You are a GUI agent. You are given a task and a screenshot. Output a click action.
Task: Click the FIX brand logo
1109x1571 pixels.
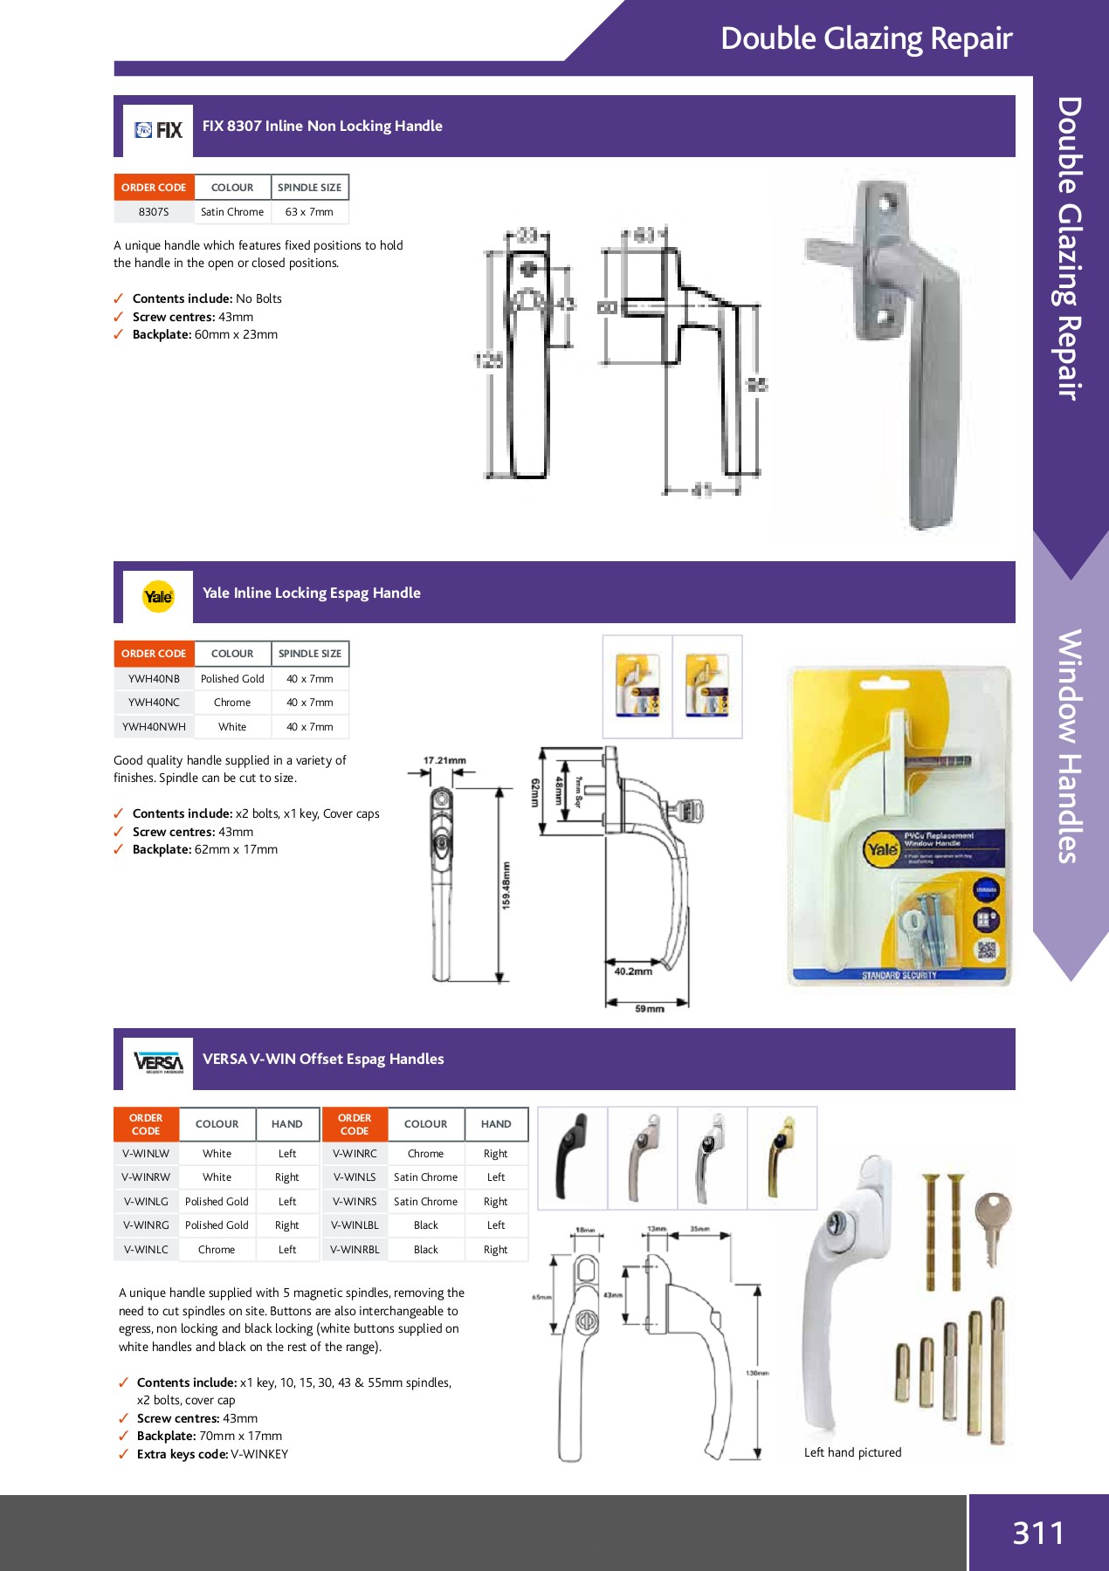coord(158,130)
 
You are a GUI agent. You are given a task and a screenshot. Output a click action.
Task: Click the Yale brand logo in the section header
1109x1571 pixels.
coord(158,596)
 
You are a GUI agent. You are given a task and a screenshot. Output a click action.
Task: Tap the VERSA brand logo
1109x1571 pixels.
coord(158,1062)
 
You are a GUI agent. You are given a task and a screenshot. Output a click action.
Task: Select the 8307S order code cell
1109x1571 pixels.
coord(154,212)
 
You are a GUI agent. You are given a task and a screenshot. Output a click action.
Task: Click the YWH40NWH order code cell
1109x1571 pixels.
coord(154,727)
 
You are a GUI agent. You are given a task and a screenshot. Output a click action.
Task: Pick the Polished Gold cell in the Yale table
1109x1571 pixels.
coord(232,679)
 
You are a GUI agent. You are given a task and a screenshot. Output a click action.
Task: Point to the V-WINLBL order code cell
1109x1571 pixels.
coord(355,1225)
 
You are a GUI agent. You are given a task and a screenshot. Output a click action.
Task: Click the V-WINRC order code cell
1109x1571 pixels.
coord(355,1154)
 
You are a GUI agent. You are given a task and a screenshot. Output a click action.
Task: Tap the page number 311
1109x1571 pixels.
coord(1038,1533)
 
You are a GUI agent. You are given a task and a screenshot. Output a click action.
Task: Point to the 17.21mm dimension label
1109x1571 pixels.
coord(444,760)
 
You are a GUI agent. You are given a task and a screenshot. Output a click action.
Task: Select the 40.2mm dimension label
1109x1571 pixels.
coord(633,971)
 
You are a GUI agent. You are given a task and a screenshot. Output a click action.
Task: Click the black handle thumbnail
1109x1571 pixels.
coord(572,1157)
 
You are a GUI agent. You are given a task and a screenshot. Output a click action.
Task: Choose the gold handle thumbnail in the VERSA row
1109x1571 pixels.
coord(782,1157)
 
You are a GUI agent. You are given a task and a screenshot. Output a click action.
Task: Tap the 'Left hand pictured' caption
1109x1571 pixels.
coord(852,1452)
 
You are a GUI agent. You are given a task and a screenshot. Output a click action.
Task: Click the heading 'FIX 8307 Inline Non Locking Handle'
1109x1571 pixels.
coord(322,126)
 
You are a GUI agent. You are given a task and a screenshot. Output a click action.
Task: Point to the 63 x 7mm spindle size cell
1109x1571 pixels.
coord(309,212)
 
